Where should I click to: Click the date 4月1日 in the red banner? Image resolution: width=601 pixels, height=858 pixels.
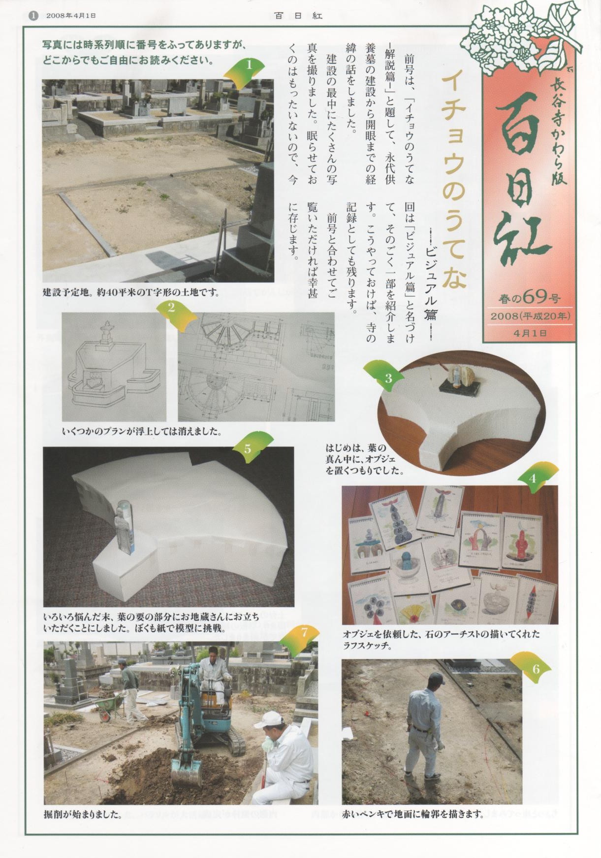(x=530, y=333)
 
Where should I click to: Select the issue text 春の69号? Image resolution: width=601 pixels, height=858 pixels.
(x=529, y=298)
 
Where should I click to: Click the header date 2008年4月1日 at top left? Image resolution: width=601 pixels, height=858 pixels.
(x=71, y=15)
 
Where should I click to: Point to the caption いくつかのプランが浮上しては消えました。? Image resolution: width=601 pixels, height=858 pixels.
(x=142, y=431)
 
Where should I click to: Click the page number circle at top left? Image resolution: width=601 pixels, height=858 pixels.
(x=33, y=15)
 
